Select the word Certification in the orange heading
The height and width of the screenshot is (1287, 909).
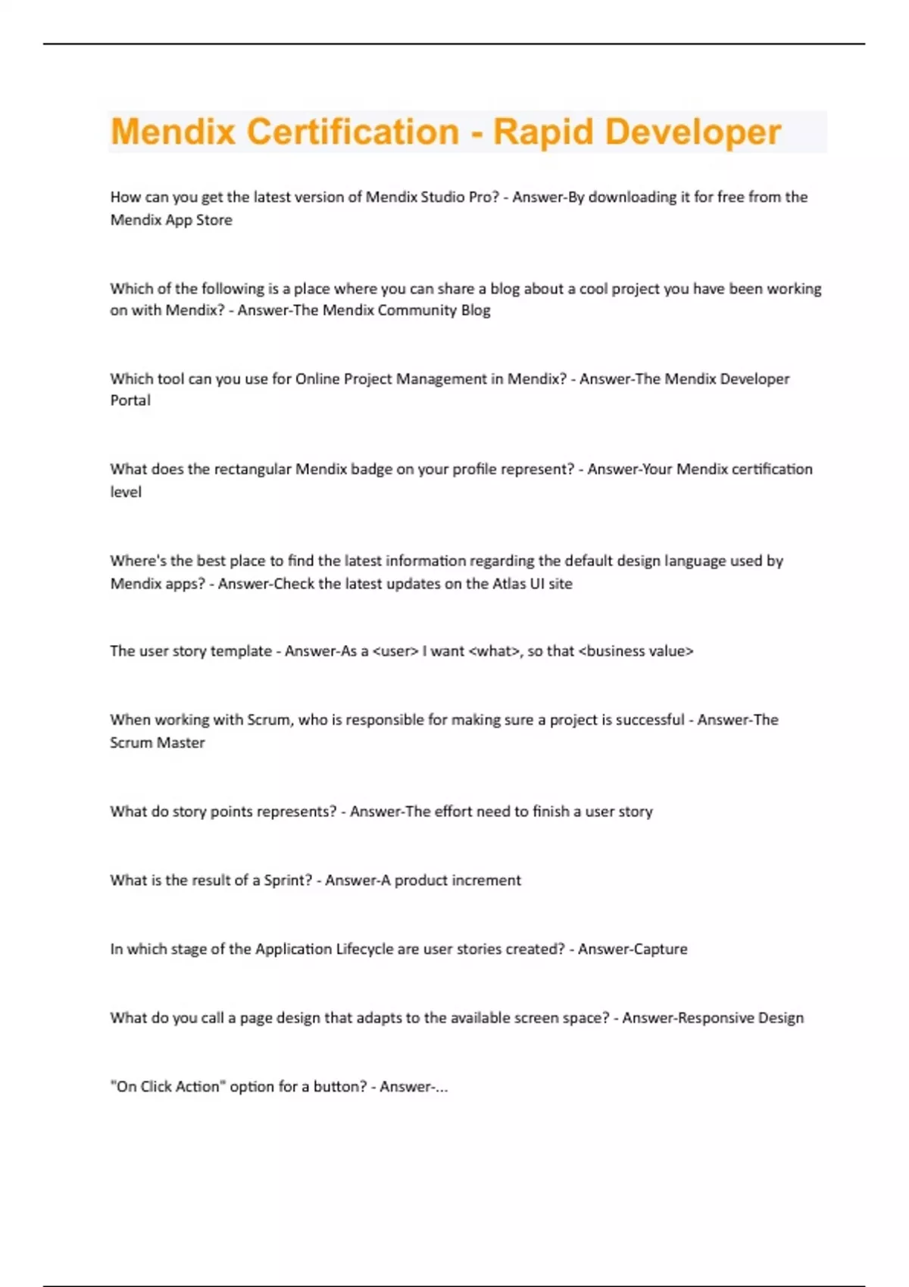click(353, 132)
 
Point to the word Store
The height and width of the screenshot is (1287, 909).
click(214, 220)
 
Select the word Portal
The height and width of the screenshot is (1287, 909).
click(130, 400)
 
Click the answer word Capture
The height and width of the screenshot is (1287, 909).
click(659, 949)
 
